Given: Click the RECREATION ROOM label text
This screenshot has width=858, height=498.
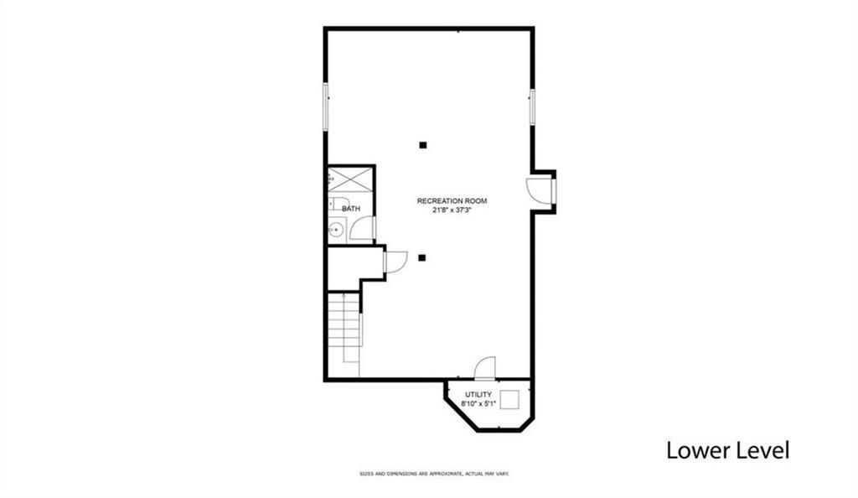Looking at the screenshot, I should click(x=452, y=201).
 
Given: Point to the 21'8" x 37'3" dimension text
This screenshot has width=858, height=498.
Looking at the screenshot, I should click(x=452, y=210).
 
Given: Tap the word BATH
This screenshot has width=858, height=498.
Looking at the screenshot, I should click(x=351, y=209).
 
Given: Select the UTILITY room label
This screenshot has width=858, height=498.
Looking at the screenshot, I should click(x=478, y=394).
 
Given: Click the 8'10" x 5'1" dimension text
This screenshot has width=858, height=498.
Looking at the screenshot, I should click(x=478, y=403).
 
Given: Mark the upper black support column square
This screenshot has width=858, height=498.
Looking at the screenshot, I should click(x=423, y=145).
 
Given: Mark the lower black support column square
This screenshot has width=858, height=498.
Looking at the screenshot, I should click(x=423, y=257).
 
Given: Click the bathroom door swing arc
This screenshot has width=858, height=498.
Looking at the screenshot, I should click(x=362, y=229).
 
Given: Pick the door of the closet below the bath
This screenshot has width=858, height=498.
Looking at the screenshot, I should click(x=395, y=262).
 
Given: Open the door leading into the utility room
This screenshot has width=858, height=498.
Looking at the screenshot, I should click(x=486, y=368).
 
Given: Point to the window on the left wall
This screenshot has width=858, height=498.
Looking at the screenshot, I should click(x=326, y=106).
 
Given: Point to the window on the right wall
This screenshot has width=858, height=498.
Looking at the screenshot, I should click(x=532, y=107).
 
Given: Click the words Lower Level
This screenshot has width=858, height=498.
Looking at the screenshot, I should click(x=727, y=450).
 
